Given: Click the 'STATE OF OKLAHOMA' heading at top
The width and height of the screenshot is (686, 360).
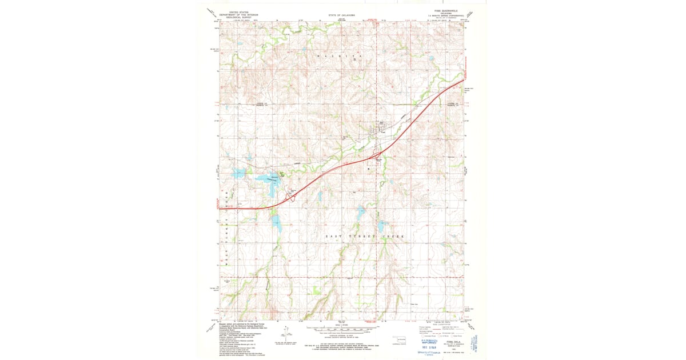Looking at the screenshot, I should click(x=342, y=15).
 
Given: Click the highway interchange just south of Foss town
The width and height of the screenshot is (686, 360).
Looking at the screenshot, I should click(x=374, y=155).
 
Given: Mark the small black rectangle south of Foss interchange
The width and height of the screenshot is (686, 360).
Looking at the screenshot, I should click(x=369, y=169).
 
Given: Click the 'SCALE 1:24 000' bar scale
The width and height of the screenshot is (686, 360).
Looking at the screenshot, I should click(x=342, y=329).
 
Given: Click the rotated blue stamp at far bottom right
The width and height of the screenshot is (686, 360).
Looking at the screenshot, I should click(x=477, y=341).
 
